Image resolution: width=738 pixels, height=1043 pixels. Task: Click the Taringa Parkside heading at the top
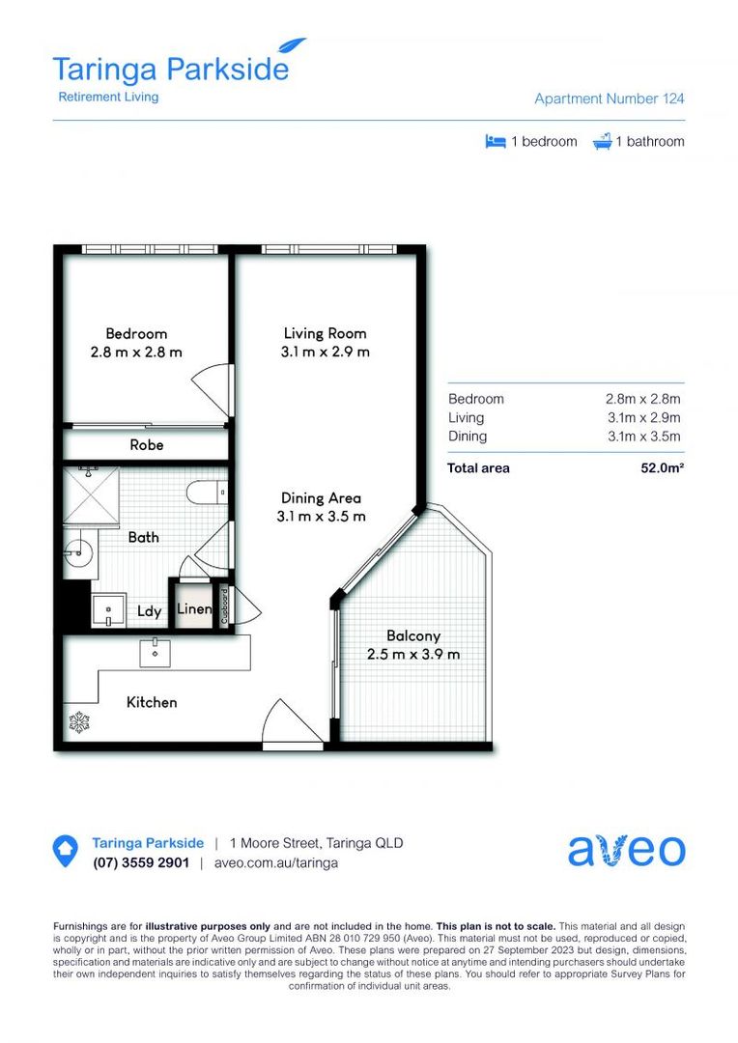tap(170, 70)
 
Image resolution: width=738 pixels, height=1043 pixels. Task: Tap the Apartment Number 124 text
tap(610, 99)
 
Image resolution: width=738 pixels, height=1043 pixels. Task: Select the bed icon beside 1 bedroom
tap(496, 142)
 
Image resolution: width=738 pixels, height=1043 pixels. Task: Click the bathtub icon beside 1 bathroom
tap(602, 142)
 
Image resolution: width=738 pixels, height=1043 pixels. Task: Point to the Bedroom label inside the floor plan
tap(136, 334)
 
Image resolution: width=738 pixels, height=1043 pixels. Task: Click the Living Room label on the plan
tap(325, 334)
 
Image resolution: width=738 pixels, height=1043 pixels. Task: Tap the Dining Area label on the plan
tap(321, 498)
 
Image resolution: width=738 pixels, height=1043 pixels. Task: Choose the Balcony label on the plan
tap(413, 636)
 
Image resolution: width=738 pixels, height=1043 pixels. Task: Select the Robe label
tap(147, 445)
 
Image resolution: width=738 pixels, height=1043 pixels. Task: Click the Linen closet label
tap(194, 610)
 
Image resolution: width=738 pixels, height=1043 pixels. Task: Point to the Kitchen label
tap(152, 702)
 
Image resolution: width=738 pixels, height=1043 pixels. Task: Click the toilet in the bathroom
tap(206, 491)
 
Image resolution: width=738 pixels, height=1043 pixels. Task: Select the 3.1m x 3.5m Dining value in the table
tap(642, 437)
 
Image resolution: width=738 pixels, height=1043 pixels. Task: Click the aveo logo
tap(626, 850)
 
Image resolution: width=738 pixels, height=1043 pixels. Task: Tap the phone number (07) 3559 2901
tap(141, 863)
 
